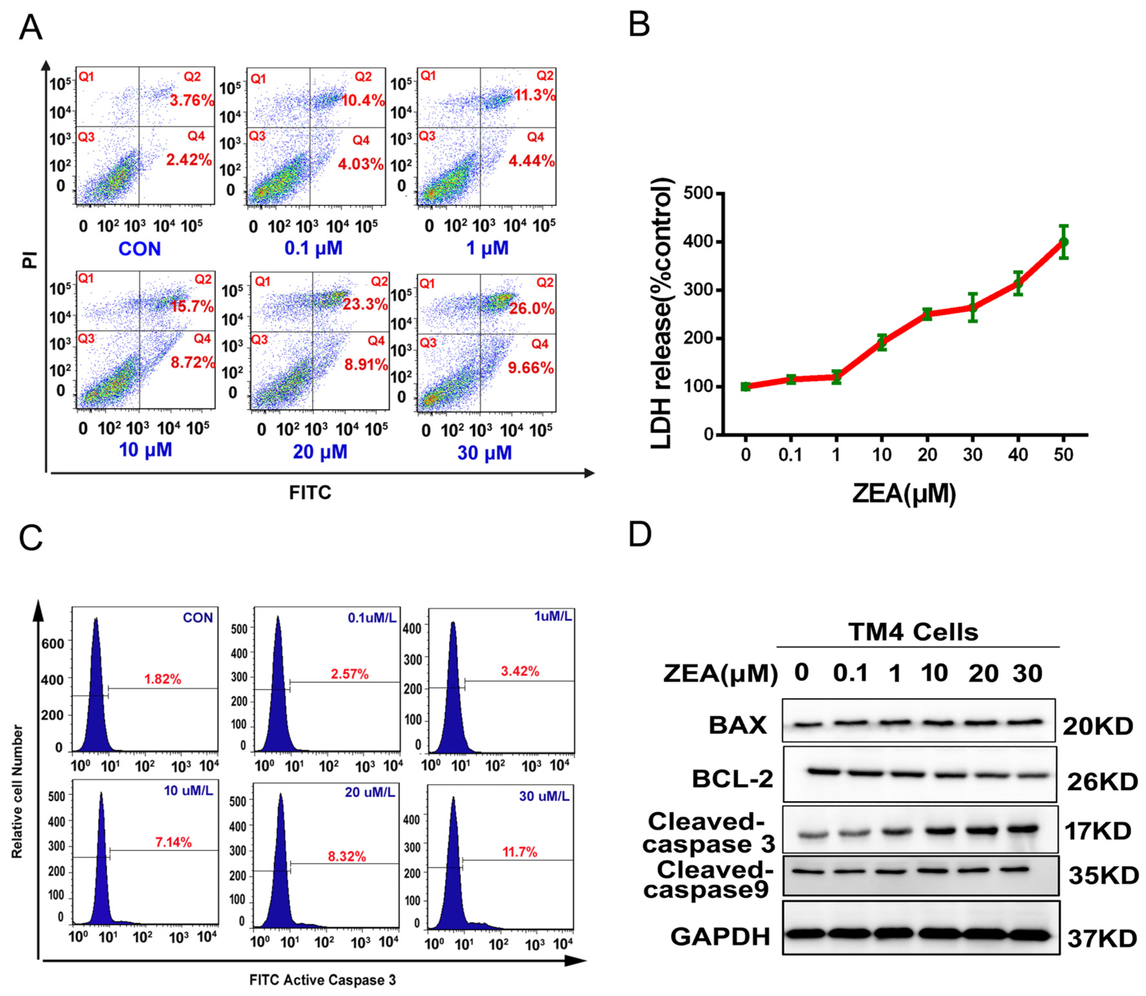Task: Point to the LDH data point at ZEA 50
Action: pos(1063,242)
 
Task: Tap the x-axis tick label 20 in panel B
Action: pos(927,455)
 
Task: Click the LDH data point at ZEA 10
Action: pos(881,342)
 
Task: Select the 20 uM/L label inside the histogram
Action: pos(370,793)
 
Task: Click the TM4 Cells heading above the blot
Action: pos(913,632)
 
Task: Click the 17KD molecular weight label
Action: pos(1098,832)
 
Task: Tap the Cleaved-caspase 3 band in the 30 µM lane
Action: pos(1022,829)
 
